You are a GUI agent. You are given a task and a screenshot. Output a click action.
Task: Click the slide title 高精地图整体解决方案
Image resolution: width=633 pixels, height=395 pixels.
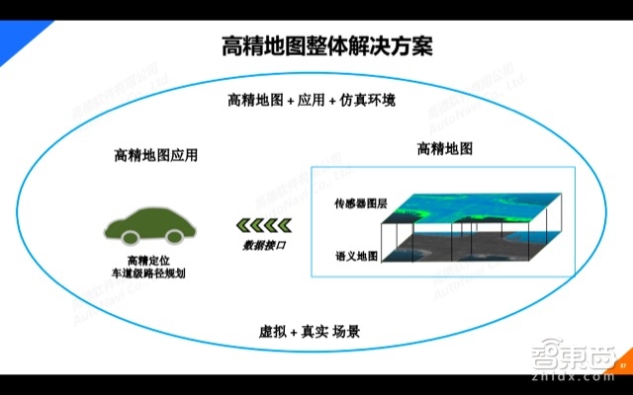click(314, 46)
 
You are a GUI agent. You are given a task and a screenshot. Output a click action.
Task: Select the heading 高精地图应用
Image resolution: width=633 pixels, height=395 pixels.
click(156, 155)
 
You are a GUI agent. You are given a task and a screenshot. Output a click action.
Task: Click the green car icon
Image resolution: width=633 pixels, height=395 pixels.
click(148, 223)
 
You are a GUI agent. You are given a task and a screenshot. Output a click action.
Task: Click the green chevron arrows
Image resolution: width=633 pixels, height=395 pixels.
click(256, 226)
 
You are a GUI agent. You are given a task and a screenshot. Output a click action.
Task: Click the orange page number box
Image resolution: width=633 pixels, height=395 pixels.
click(622, 367)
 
